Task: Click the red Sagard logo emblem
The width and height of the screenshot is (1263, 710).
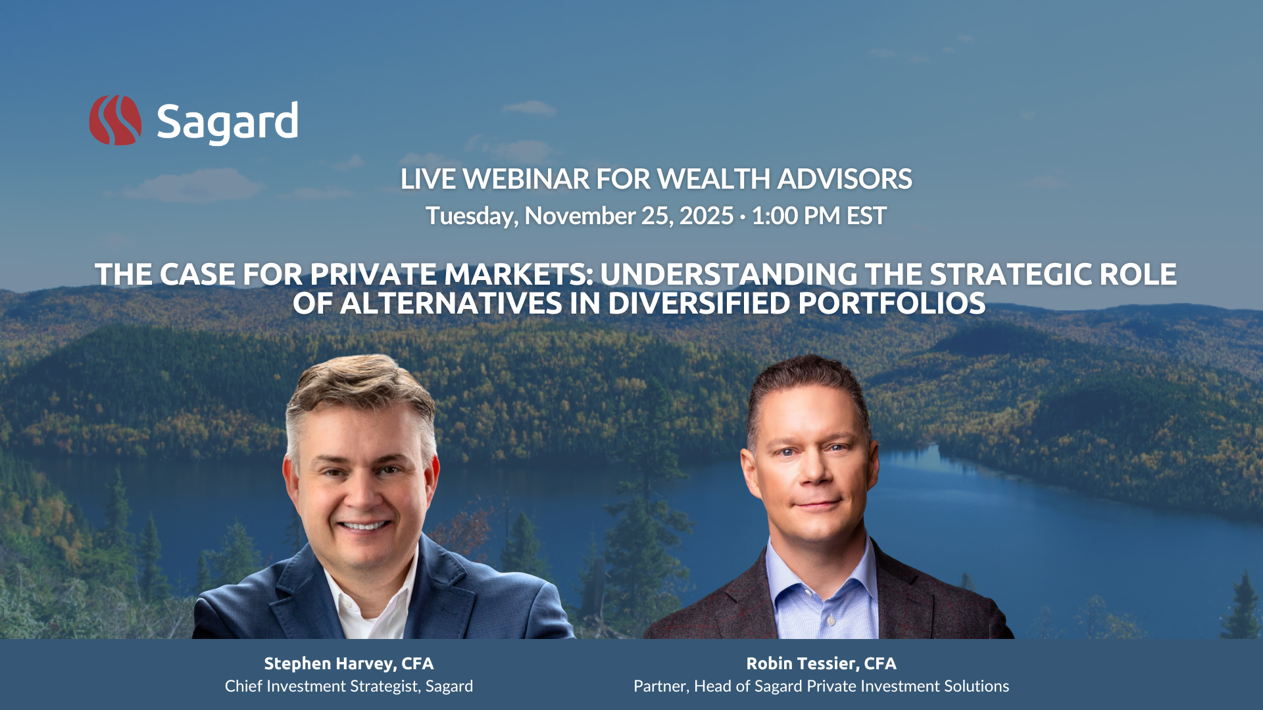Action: [115, 120]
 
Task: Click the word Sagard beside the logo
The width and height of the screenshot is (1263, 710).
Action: [228, 122]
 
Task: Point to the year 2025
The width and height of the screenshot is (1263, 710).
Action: [706, 216]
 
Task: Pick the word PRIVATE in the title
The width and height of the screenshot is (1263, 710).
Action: [373, 274]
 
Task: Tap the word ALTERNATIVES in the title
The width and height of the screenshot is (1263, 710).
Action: [451, 303]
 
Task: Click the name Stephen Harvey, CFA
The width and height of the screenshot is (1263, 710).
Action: [349, 663]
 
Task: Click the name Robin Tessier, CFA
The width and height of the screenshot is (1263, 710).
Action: [821, 663]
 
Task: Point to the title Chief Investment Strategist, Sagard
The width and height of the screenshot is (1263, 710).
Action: [349, 686]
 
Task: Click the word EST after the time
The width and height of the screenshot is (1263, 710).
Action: [866, 216]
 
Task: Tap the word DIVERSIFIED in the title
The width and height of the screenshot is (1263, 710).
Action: [699, 303]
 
